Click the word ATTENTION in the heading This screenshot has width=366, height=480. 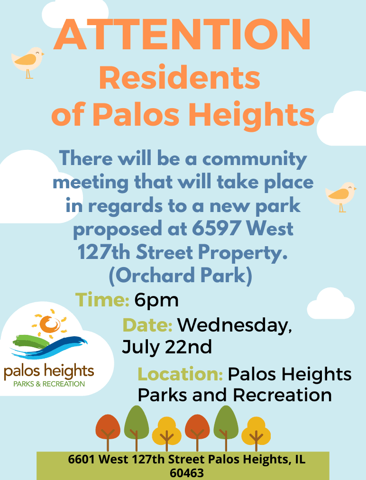pyautogui.click(x=183, y=35)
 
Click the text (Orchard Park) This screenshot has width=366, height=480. pyautogui.click(x=181, y=275)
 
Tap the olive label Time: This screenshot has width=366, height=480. pyautogui.click(x=102, y=300)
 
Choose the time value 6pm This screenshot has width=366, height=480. pyautogui.click(x=156, y=301)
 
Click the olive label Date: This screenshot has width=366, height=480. pyautogui.click(x=147, y=325)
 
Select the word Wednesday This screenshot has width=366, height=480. pyautogui.click(x=235, y=325)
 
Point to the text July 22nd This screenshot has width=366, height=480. pyautogui.click(x=167, y=347)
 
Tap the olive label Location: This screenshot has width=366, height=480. pyautogui.click(x=180, y=374)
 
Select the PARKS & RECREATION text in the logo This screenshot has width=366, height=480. pyautogui.click(x=49, y=384)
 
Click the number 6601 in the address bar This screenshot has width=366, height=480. pyautogui.click(x=82, y=460)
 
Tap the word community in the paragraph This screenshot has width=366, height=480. pyautogui.click(x=255, y=159)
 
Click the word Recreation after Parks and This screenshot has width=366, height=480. pyautogui.click(x=283, y=395)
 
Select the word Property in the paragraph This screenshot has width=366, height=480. pyautogui.click(x=243, y=253)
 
